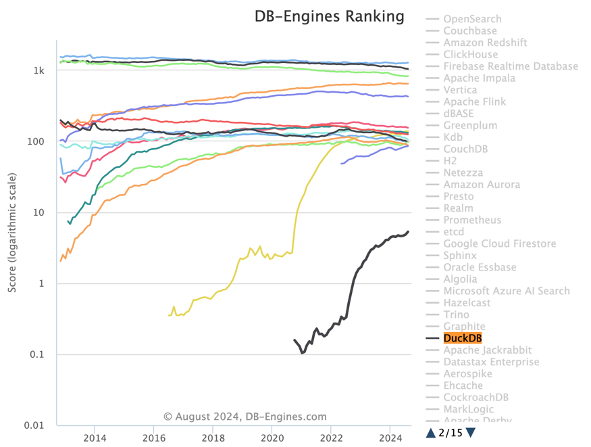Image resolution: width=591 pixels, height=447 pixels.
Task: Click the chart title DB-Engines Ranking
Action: pos(329,16)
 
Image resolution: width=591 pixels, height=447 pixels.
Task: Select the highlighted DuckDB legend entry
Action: pos(462,338)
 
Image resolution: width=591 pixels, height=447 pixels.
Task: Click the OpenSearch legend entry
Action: pos(472,19)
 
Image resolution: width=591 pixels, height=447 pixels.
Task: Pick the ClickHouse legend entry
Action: pos(470,54)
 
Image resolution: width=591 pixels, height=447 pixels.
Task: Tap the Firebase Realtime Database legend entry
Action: pos(510,66)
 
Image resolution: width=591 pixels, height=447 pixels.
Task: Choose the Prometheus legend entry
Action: pos(472,220)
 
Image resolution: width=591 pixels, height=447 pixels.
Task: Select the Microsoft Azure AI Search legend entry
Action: pos(506,291)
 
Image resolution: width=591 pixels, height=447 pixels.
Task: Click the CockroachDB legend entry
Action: pos(476,397)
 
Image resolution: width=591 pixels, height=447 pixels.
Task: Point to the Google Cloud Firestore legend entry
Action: pos(499,243)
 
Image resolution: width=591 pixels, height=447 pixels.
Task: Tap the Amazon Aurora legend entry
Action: pos(481,185)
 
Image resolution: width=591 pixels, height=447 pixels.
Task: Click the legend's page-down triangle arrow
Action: pos(471,433)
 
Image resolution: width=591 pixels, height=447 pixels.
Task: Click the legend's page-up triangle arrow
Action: pos(430,433)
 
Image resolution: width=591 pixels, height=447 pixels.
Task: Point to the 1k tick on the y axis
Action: pos(38,71)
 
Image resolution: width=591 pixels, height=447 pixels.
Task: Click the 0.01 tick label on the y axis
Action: pos(34,425)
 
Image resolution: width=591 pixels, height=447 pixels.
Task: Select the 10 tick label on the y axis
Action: pos(38,212)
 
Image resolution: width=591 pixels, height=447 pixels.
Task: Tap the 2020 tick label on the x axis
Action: pos(272,438)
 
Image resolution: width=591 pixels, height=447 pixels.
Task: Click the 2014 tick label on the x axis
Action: pos(95,438)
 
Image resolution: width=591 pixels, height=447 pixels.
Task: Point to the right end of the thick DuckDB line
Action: pos(408,232)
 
